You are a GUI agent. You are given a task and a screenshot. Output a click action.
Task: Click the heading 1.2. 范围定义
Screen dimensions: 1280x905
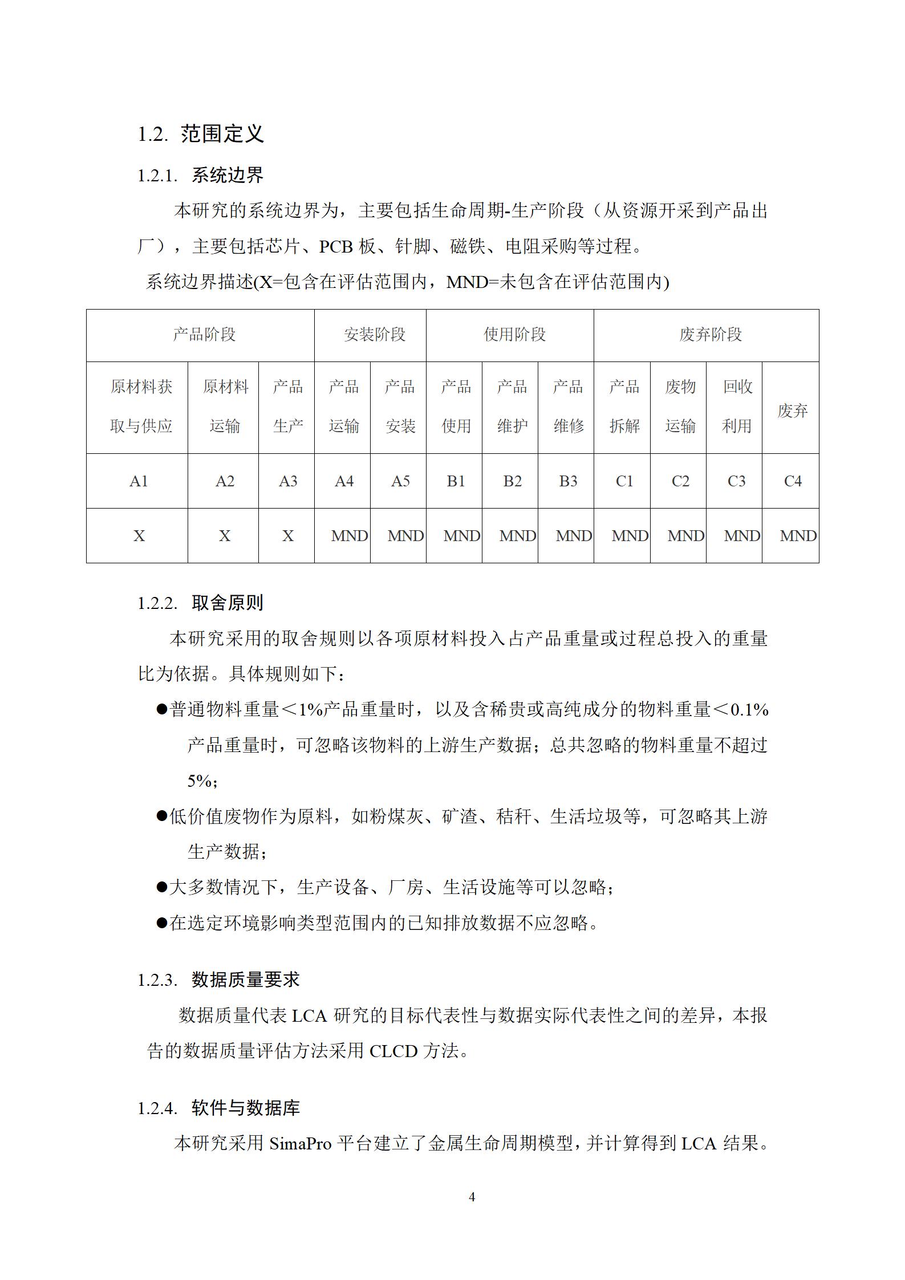[x=200, y=134]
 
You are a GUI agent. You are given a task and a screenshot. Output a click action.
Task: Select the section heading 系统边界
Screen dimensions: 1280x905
[x=227, y=175]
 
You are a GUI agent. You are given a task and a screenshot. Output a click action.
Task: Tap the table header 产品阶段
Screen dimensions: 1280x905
[x=204, y=335]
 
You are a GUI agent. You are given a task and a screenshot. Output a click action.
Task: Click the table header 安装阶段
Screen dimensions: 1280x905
[x=375, y=335]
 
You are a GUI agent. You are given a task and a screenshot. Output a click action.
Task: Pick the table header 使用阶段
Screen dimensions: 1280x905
[x=514, y=335]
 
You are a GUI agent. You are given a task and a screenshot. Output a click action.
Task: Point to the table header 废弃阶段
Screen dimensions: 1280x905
[x=711, y=335]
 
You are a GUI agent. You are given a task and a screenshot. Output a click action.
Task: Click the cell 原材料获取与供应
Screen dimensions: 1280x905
[x=141, y=407]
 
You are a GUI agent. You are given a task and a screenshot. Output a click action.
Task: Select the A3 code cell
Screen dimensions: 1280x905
[x=288, y=481]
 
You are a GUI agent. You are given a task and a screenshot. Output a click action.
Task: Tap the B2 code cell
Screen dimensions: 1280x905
[x=512, y=481]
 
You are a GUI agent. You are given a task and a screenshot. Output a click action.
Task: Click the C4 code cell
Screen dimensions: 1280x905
[x=793, y=481]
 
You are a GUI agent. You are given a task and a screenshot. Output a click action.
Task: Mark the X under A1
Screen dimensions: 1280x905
[x=139, y=536]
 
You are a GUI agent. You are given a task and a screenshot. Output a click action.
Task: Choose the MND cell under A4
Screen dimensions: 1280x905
[x=349, y=536]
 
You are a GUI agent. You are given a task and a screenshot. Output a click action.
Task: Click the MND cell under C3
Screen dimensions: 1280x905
[x=741, y=536]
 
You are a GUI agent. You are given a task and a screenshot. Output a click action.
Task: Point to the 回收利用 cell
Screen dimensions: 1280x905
[x=737, y=407]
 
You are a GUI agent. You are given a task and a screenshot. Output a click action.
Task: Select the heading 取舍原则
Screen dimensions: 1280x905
[x=227, y=603]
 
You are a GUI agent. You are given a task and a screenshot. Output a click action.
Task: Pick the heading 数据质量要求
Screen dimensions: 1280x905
[x=245, y=980]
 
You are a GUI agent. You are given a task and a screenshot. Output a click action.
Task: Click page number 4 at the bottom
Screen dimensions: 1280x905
[x=472, y=1197]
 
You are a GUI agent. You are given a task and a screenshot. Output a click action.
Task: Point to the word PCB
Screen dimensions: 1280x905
[x=336, y=246]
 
